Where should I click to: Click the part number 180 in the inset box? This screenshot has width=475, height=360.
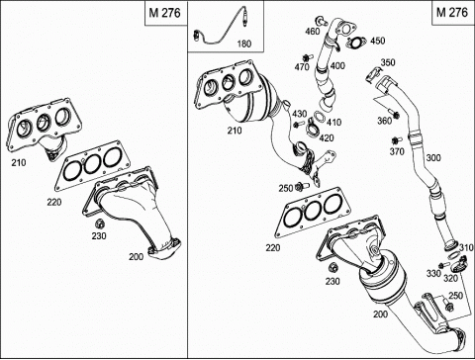(x=244, y=44)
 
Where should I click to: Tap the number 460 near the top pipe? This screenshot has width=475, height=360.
(x=313, y=32)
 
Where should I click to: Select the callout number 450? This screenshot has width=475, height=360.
(x=378, y=41)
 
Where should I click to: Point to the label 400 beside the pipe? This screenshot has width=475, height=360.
(x=337, y=65)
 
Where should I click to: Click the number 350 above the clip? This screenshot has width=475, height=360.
(x=388, y=62)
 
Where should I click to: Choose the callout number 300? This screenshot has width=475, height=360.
(x=433, y=158)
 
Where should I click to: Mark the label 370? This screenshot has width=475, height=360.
(x=397, y=151)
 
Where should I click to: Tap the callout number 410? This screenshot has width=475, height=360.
(x=333, y=123)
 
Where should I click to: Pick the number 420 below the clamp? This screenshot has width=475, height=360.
(x=327, y=137)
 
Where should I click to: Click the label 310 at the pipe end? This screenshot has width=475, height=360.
(x=466, y=247)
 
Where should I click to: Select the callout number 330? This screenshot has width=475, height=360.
(x=433, y=273)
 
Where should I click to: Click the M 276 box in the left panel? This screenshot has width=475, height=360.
(x=165, y=13)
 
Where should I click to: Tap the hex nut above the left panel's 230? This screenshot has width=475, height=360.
(x=99, y=225)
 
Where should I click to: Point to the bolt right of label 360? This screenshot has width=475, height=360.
(x=393, y=113)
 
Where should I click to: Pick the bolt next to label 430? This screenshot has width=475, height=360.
(x=300, y=125)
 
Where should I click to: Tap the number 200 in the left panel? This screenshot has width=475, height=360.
(x=136, y=256)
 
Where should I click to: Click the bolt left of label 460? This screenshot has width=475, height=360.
(x=321, y=21)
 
